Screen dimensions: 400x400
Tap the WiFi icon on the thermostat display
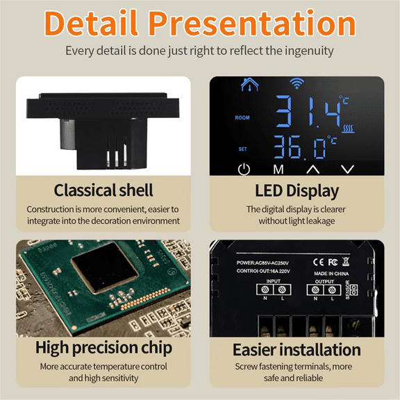297,84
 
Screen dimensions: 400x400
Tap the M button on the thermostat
278,169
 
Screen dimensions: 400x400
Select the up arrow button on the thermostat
313,169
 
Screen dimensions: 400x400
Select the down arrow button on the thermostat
348,169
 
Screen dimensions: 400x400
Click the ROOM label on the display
242,118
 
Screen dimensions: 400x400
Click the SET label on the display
242,149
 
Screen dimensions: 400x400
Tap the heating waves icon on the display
349,128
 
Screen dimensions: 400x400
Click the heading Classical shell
103,190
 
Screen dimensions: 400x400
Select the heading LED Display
297,190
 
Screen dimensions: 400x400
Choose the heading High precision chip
103,347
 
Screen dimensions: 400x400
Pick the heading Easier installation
297,349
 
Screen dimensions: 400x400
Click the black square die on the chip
106,272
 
